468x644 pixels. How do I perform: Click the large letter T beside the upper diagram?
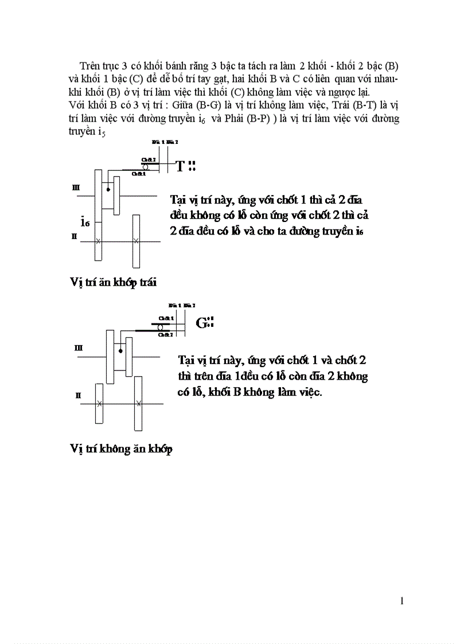(x=180, y=166)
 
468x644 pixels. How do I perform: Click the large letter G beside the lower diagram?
(x=201, y=323)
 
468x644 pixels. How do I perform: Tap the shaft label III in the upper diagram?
(x=76, y=187)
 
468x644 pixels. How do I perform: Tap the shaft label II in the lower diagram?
(x=79, y=395)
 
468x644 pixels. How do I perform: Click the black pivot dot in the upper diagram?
(x=108, y=189)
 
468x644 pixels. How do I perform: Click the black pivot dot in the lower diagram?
(x=120, y=351)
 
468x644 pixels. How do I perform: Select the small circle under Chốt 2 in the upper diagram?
(x=146, y=167)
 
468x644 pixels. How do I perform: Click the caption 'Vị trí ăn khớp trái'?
(x=114, y=282)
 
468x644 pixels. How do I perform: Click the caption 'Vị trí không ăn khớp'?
(x=121, y=449)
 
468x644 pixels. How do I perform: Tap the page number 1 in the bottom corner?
(x=402, y=601)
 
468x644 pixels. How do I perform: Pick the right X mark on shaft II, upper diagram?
(x=136, y=241)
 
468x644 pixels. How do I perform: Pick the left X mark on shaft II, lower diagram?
(x=99, y=404)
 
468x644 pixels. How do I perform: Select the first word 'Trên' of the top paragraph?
(x=90, y=66)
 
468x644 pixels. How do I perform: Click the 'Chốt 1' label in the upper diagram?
(x=138, y=173)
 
